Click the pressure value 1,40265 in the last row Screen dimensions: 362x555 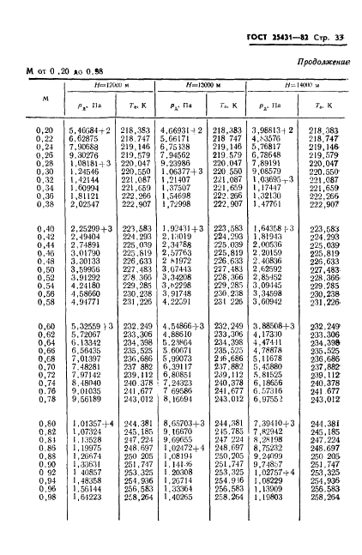pos(175,496)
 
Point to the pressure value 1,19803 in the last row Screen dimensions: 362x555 pos(273,496)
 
